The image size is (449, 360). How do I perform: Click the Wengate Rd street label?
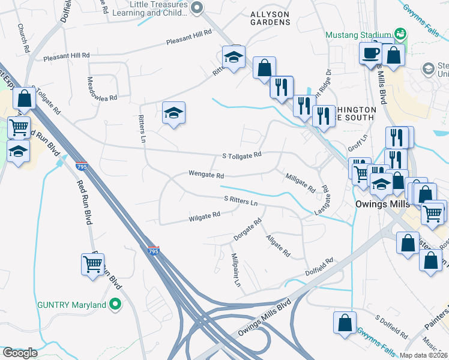pos(206,176)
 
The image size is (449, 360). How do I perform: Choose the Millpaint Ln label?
pos(236,270)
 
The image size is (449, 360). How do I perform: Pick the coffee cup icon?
pos(370,53)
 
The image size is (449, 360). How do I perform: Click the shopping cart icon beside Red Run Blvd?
pos(92,264)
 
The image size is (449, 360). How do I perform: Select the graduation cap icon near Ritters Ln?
pos(173,113)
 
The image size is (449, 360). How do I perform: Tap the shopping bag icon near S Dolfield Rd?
pos(345,322)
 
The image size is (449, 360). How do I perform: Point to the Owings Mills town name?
pos(373,205)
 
